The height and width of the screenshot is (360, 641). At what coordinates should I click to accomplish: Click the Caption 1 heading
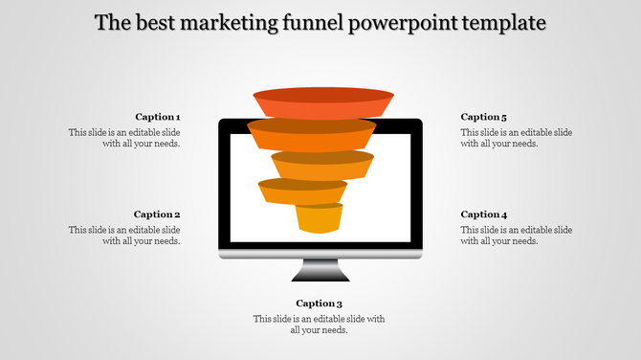click(x=157, y=117)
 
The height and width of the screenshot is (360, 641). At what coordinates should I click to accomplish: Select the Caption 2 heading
click(x=157, y=214)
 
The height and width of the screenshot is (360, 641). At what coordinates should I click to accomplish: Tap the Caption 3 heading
click(x=319, y=304)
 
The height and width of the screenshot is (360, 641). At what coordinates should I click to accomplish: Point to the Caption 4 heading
click(x=484, y=214)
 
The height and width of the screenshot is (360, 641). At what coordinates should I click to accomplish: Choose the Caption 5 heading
click(x=484, y=117)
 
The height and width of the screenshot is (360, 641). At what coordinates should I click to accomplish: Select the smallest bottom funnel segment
click(x=319, y=219)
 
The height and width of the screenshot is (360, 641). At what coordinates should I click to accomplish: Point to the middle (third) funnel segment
click(x=321, y=165)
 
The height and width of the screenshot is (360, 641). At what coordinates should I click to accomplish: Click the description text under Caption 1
click(x=124, y=138)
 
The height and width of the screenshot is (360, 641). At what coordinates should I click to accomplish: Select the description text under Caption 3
click(x=319, y=325)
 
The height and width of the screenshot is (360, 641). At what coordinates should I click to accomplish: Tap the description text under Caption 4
click(x=517, y=236)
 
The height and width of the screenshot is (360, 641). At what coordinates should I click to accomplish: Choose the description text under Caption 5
click(x=517, y=138)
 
